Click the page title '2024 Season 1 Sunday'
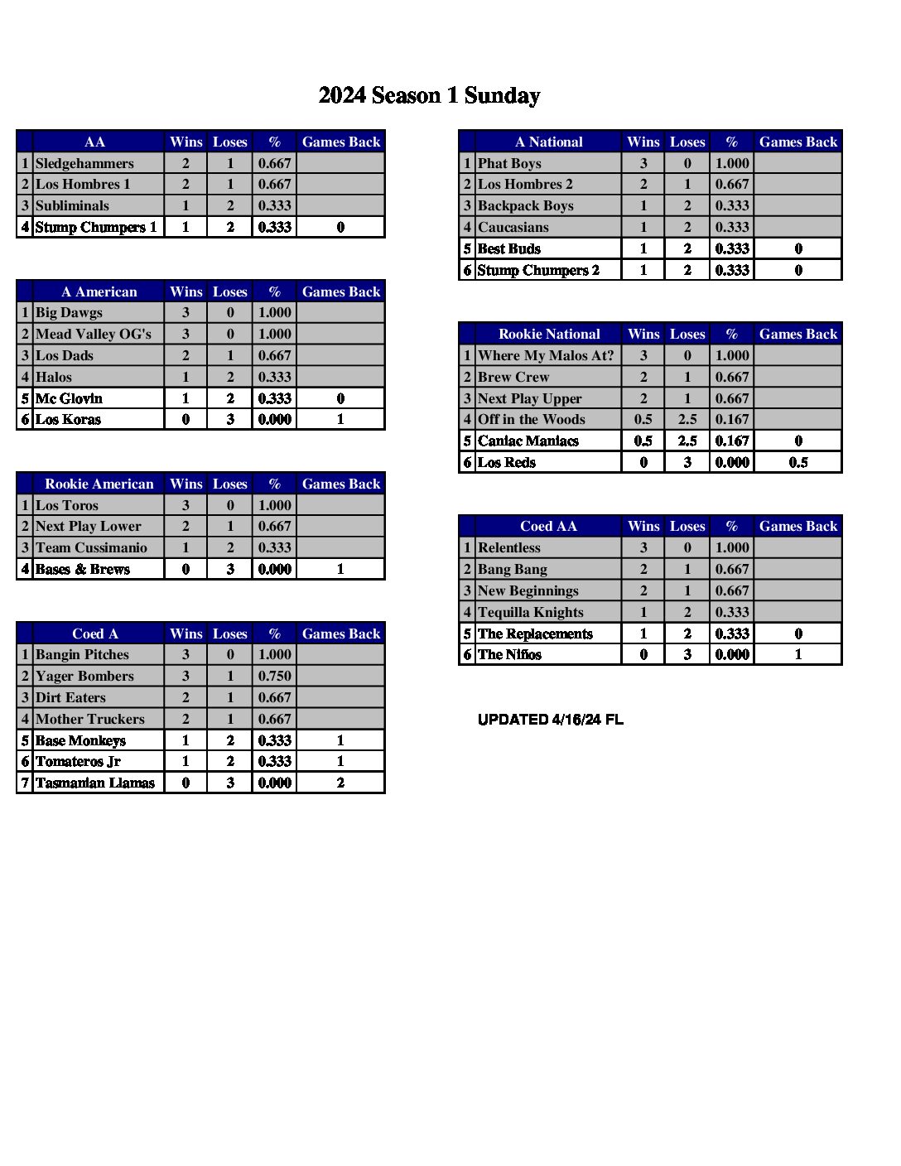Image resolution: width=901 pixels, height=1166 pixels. [x=429, y=96]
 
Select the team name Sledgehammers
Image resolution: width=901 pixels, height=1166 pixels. [x=84, y=163]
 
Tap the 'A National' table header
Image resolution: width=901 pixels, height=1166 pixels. [x=548, y=142]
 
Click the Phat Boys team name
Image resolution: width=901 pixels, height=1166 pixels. [x=509, y=163]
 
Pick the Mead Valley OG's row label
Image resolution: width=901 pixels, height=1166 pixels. [x=93, y=334]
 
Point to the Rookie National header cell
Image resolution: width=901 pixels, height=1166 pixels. [x=548, y=334]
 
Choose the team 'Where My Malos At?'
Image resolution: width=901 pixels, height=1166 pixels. [x=546, y=355]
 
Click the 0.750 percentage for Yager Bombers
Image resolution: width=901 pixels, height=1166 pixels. [x=274, y=676]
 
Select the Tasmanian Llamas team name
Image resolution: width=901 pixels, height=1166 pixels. [x=94, y=783]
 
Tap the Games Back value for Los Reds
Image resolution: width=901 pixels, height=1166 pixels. [x=797, y=462]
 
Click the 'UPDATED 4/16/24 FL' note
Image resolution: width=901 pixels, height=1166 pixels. [x=550, y=720]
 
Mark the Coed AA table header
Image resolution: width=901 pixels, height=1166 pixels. [x=548, y=526]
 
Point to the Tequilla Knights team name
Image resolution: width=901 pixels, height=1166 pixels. [x=530, y=612]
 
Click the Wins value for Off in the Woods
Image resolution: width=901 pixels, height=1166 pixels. [x=643, y=419]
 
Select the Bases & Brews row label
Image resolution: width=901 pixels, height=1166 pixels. [x=82, y=569]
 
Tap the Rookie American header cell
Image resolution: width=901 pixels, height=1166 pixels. [x=99, y=484]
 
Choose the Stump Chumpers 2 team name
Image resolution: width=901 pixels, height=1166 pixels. [x=538, y=270]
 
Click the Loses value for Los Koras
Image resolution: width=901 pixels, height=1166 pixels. [x=229, y=419]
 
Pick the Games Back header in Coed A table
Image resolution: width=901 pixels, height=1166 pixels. [x=340, y=634]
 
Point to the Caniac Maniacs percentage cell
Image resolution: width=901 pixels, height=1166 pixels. [x=731, y=441]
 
